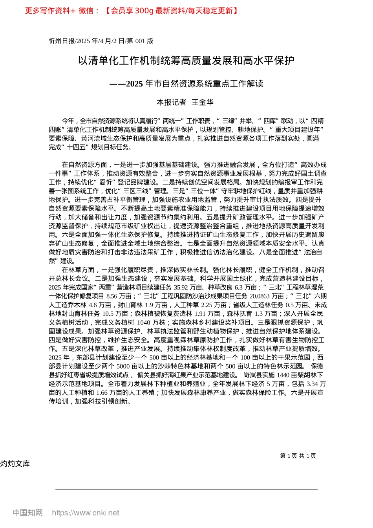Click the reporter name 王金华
(x=202, y=103)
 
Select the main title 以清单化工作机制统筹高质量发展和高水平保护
(x=186, y=61)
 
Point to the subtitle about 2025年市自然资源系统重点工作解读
(x=186, y=84)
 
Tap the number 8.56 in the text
(x=113, y=296)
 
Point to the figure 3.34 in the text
(x=312, y=384)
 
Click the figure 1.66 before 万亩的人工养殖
(x=102, y=392)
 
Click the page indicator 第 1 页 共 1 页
(x=298, y=456)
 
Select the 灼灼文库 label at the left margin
(x=15, y=464)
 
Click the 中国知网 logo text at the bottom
(x=27, y=513)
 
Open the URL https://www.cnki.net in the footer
(x=85, y=513)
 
